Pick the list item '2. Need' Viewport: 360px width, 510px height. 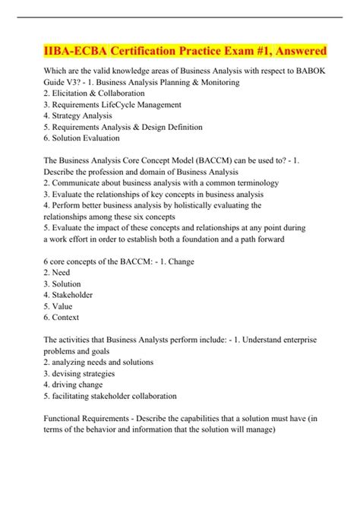click(x=60, y=271)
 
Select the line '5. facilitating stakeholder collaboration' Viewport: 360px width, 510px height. click(x=112, y=396)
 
